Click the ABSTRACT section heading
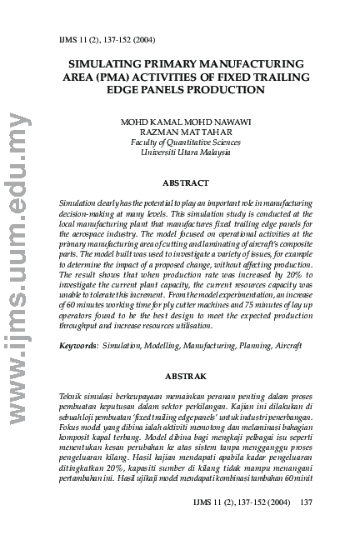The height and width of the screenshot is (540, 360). [x=186, y=182]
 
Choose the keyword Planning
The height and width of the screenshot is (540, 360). [x=247, y=344]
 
